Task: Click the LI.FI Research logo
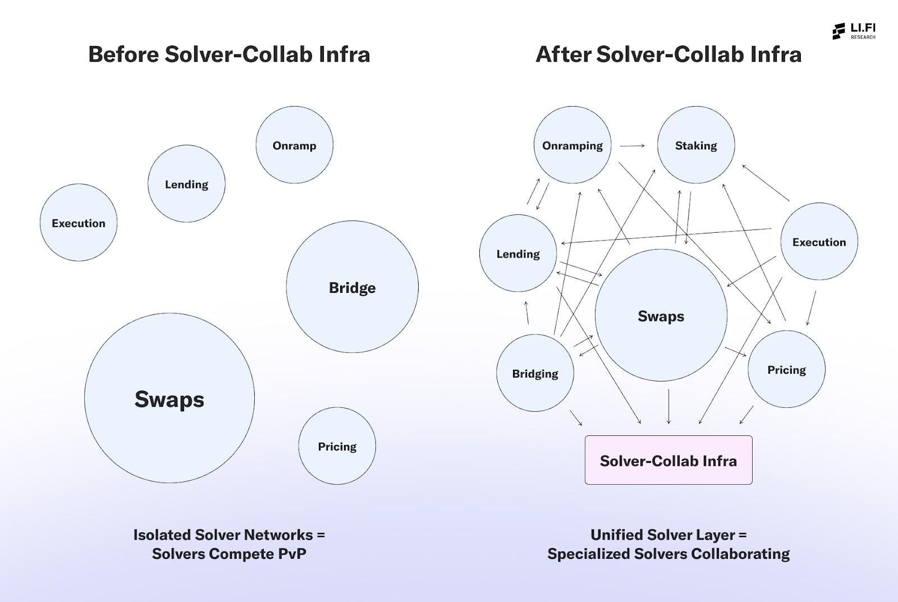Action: [853, 31]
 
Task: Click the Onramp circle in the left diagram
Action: [294, 145]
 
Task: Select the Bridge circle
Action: [352, 287]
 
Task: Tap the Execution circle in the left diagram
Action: [79, 222]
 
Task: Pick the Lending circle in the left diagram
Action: [186, 183]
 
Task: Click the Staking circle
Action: [695, 145]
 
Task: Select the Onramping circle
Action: [572, 145]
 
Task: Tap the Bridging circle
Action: [535, 373]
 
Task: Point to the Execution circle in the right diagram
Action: [819, 241]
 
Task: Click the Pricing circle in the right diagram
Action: [786, 369]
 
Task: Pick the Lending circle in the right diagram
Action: [517, 253]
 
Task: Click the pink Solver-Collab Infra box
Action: [668, 460]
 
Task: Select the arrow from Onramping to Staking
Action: [633, 146]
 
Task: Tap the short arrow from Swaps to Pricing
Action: [735, 351]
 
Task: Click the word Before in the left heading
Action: [123, 54]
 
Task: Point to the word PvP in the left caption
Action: [292, 554]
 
